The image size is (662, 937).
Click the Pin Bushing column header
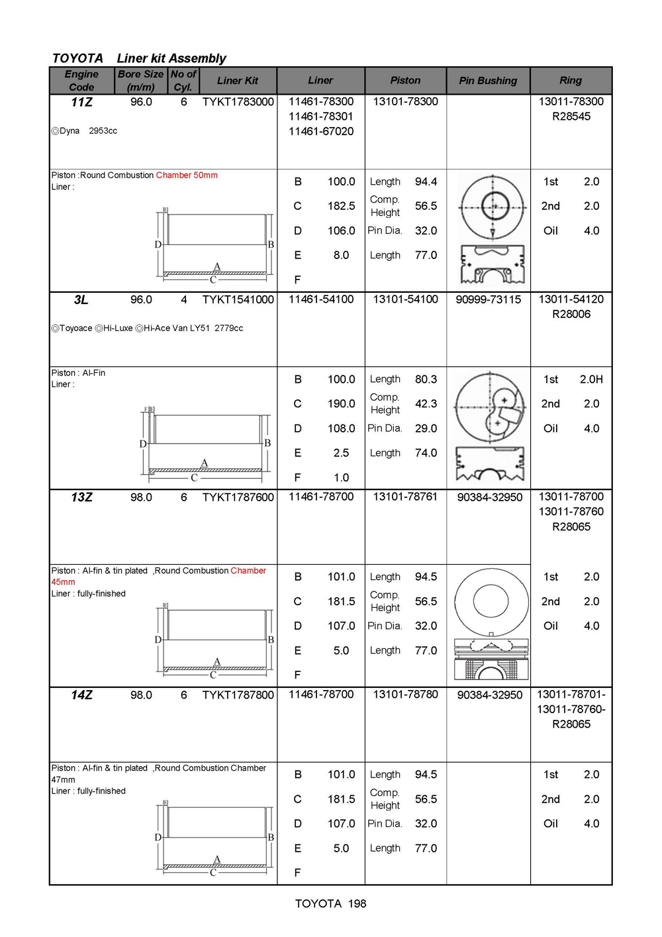coord(488,80)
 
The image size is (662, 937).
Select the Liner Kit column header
coord(238,80)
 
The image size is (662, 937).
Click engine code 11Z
coord(81,102)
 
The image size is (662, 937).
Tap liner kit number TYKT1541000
coord(238,299)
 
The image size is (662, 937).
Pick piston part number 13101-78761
coord(405,497)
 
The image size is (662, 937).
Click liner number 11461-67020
coord(321,131)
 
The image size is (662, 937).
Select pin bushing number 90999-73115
coord(489,299)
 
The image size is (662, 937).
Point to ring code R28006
coord(571,314)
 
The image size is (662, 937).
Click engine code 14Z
coord(81,695)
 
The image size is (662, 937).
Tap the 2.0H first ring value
coord(591,379)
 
